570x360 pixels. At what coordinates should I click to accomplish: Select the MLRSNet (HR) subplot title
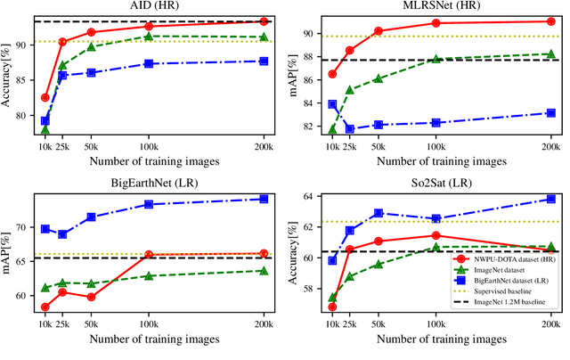441,6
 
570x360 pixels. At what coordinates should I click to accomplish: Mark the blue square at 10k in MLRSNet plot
332,104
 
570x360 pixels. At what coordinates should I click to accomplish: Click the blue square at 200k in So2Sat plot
550,199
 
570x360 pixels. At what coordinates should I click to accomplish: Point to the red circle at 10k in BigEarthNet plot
45,307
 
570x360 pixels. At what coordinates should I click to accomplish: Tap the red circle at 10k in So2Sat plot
332,307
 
